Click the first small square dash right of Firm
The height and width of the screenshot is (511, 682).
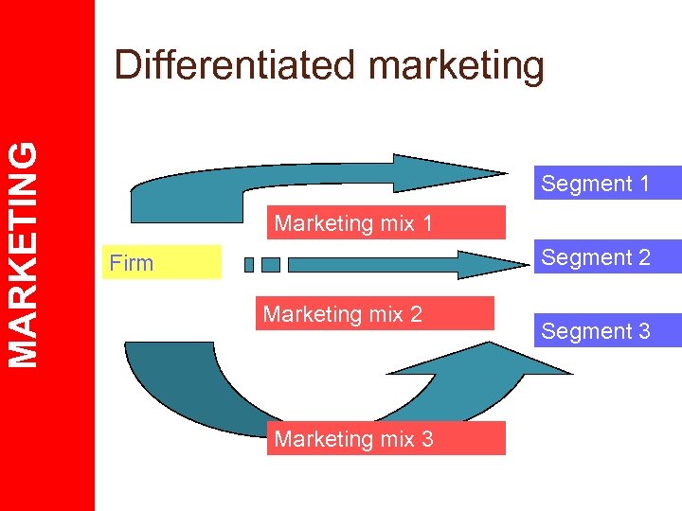point(249,265)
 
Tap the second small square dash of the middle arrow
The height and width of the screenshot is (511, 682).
point(271,265)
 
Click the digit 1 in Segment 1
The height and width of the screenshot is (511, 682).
point(644,184)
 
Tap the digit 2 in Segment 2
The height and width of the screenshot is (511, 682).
point(644,257)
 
